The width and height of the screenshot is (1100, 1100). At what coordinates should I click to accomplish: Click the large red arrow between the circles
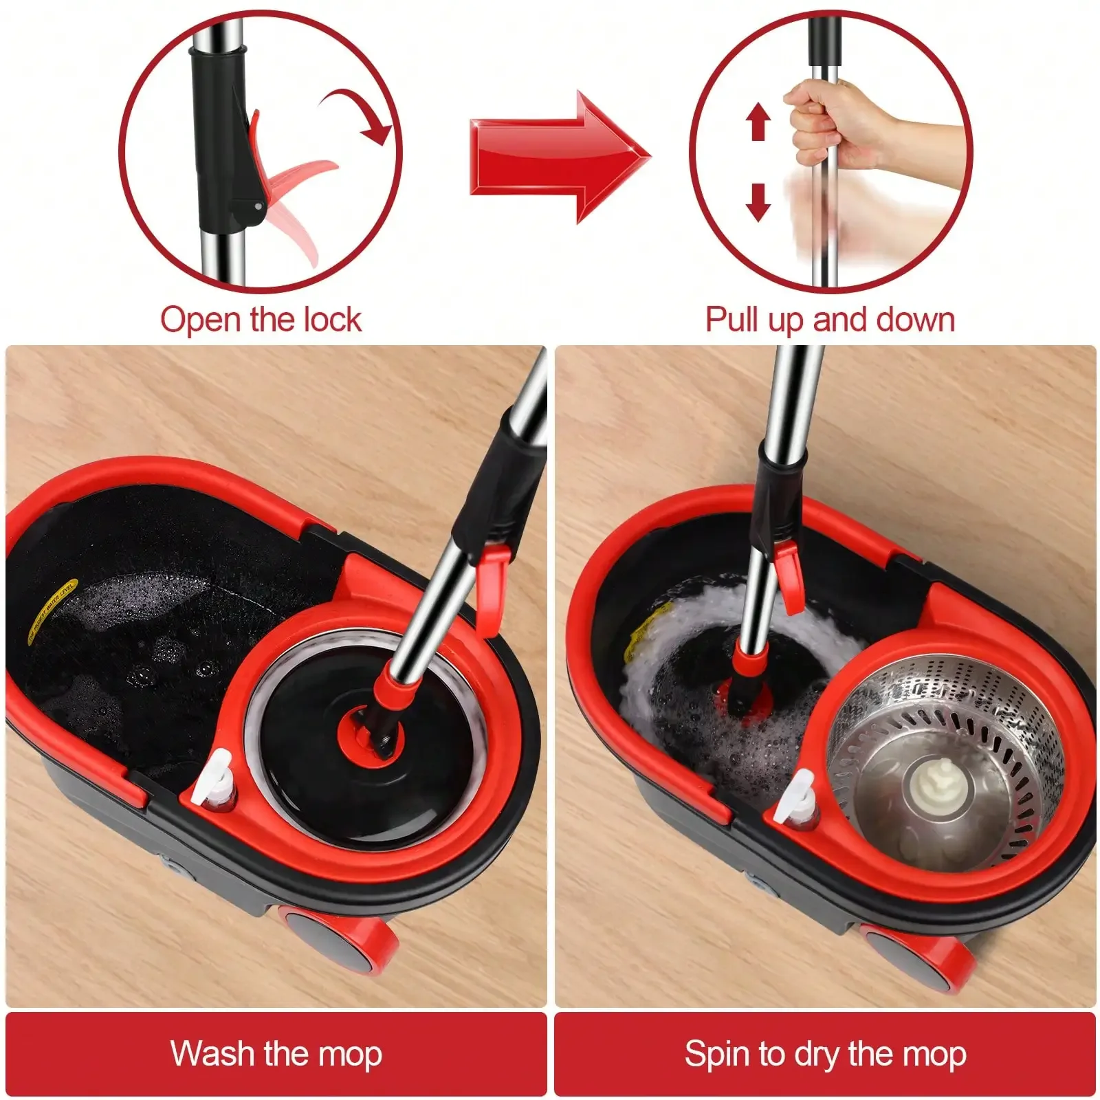coord(557,157)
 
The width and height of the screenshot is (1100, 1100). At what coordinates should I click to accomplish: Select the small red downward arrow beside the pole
coord(758,201)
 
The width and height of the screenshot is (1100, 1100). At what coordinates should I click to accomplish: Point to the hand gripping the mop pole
coord(832,124)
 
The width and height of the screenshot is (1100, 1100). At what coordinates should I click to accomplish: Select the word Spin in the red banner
coord(716,1053)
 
